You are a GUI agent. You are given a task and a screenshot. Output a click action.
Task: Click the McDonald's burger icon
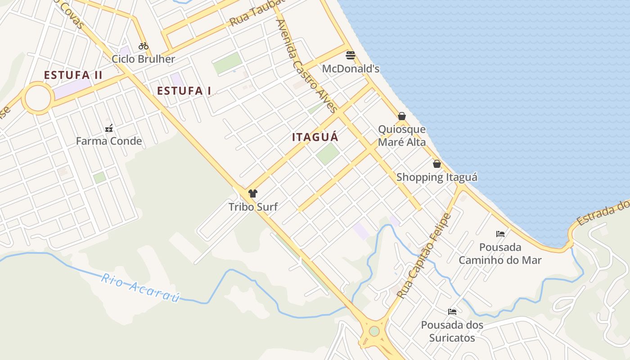coord(351,55)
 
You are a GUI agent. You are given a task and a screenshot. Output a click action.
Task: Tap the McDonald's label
coord(351,69)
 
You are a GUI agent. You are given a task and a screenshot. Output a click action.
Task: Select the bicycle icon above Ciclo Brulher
coord(144,45)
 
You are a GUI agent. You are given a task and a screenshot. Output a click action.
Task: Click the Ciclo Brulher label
coord(143,59)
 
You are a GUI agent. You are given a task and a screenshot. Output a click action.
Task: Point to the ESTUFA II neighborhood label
coord(73,75)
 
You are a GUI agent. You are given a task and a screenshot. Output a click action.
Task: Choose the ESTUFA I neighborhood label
coord(184,91)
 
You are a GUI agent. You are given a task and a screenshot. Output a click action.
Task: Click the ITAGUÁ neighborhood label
coord(315,137)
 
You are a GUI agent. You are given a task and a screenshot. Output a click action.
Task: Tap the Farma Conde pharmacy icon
coord(109,129)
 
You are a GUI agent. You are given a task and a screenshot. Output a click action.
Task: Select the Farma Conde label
coord(109,141)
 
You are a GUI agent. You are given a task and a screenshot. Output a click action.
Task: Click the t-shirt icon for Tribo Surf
coord(253,193)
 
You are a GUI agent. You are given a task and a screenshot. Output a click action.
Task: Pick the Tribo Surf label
coord(253,207)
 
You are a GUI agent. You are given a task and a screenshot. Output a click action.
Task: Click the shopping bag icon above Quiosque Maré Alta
coord(402,116)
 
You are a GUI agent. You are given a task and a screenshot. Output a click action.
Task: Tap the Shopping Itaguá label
coord(436,177)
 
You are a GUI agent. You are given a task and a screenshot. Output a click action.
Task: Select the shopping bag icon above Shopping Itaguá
coord(436,164)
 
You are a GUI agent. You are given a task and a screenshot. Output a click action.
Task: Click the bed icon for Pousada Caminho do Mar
coord(500,234)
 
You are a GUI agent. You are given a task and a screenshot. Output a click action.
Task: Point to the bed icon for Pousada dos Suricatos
coord(452,311)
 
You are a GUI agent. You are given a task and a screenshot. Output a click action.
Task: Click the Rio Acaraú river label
coord(140,288)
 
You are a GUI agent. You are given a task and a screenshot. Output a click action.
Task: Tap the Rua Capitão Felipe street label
coord(424,256)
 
